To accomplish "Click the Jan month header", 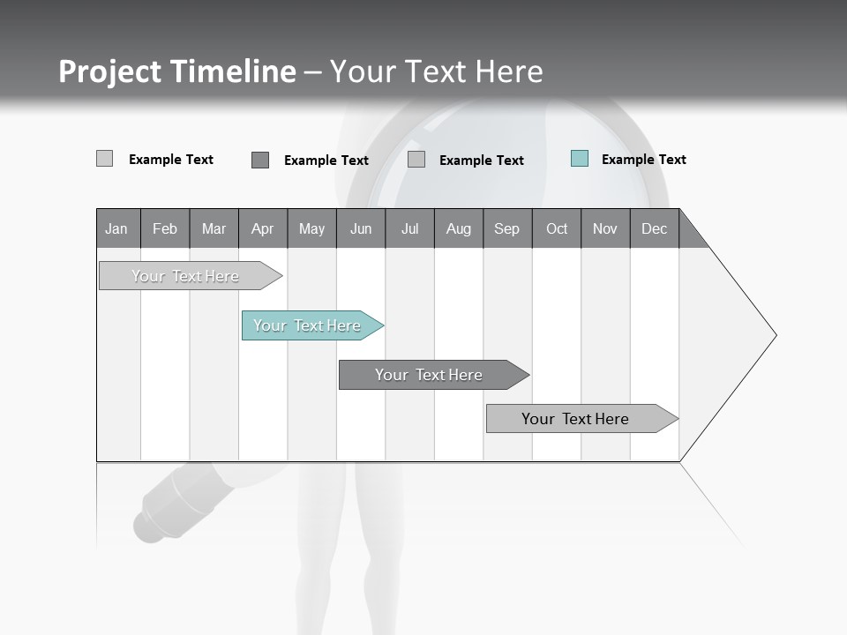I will (116, 228).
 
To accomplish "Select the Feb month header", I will (165, 228).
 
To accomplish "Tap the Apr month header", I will (263, 228).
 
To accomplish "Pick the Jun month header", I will (361, 228).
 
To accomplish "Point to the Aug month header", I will (459, 228).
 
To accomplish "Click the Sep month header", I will (507, 228).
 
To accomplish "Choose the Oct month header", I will (557, 228).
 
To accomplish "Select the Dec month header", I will (655, 228).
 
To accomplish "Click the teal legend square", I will (580, 159).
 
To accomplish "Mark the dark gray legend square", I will (260, 160).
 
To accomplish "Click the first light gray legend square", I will (105, 159).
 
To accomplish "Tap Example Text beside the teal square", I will (643, 160).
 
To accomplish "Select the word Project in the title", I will (109, 71).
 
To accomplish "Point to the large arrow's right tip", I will (774, 335).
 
